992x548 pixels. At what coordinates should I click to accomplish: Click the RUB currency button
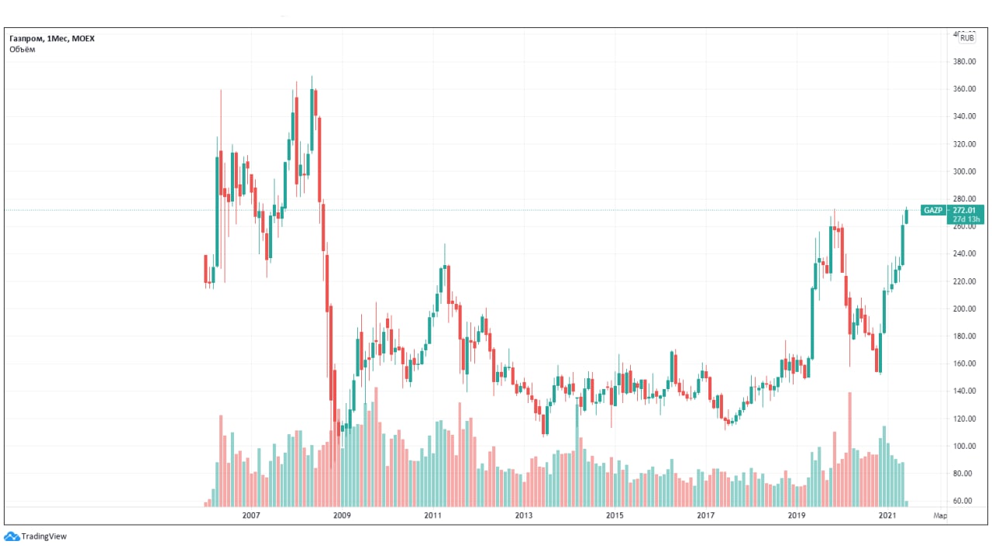(x=966, y=37)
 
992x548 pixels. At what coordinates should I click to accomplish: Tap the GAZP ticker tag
(x=932, y=210)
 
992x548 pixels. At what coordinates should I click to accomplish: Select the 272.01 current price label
(x=964, y=210)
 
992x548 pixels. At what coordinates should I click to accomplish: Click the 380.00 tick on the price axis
(x=963, y=61)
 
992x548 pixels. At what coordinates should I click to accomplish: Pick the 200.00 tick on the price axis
(x=963, y=308)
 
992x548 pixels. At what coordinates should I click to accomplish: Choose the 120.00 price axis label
(x=963, y=419)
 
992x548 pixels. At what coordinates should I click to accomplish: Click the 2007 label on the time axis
(x=250, y=515)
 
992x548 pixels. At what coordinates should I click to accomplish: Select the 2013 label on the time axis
(x=524, y=515)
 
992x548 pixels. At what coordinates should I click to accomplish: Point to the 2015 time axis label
(x=615, y=515)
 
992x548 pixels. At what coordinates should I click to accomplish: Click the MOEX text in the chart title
(x=82, y=38)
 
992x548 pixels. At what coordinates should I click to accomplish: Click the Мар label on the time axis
(x=939, y=515)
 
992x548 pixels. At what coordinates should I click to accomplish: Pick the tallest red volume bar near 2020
(x=850, y=450)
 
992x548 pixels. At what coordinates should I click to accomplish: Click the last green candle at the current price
(x=907, y=216)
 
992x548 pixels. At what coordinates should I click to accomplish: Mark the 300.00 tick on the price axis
(x=963, y=171)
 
